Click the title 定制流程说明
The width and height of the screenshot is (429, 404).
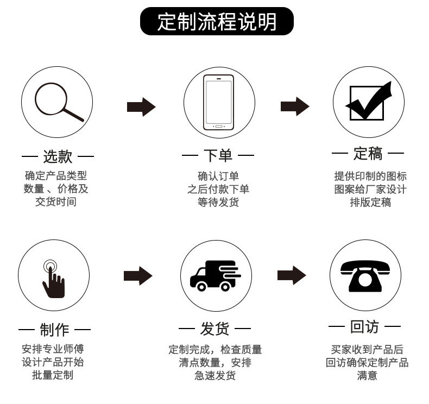[217, 22]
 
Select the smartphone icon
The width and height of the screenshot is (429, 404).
[218, 103]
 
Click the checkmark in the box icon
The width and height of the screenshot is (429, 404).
[369, 103]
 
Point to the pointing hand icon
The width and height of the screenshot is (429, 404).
[53, 278]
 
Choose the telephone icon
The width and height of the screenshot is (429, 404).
[365, 275]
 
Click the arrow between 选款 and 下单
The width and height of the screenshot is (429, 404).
[141, 107]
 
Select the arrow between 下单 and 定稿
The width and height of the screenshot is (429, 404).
[294, 106]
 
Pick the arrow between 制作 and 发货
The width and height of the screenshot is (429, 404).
[138, 276]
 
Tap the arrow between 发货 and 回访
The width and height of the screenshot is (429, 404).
[292, 275]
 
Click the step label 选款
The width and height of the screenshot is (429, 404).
[58, 157]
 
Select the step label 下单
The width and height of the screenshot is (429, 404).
[218, 156]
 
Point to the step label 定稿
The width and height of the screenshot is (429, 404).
[368, 154]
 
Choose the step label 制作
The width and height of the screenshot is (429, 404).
[54, 330]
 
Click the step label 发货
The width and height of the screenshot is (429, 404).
[215, 329]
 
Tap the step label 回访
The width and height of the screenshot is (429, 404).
[364, 327]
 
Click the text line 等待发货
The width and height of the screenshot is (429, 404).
[218, 203]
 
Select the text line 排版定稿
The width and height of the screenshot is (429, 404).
[370, 203]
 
